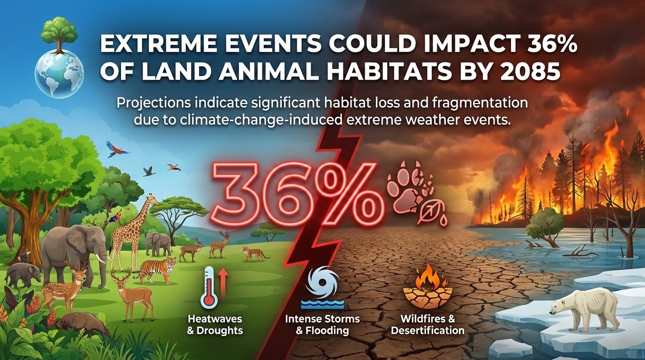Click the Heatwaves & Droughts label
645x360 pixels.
[215, 324]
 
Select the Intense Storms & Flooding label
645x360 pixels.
[322, 324]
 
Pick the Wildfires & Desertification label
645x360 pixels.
[427, 324]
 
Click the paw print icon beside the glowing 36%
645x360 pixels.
[410, 192]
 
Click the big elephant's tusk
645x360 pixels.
[101, 258]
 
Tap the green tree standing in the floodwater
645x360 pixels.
[544, 227]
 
